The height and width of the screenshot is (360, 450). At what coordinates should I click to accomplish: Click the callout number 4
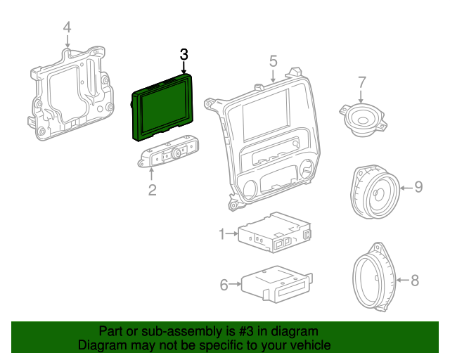tap(67, 27)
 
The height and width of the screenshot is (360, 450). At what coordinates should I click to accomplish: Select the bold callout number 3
tap(184, 54)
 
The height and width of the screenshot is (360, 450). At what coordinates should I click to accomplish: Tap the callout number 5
tap(273, 61)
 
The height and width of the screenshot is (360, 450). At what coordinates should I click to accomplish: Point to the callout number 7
tap(362, 82)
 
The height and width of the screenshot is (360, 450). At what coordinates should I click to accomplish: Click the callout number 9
tap(418, 186)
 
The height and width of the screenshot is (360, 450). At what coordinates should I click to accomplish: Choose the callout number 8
tap(414, 281)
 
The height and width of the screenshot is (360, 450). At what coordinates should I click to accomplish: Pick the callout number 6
tap(224, 285)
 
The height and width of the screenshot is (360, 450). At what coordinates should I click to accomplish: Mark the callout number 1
tap(221, 233)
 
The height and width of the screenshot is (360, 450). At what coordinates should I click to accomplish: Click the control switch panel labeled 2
tap(169, 155)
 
